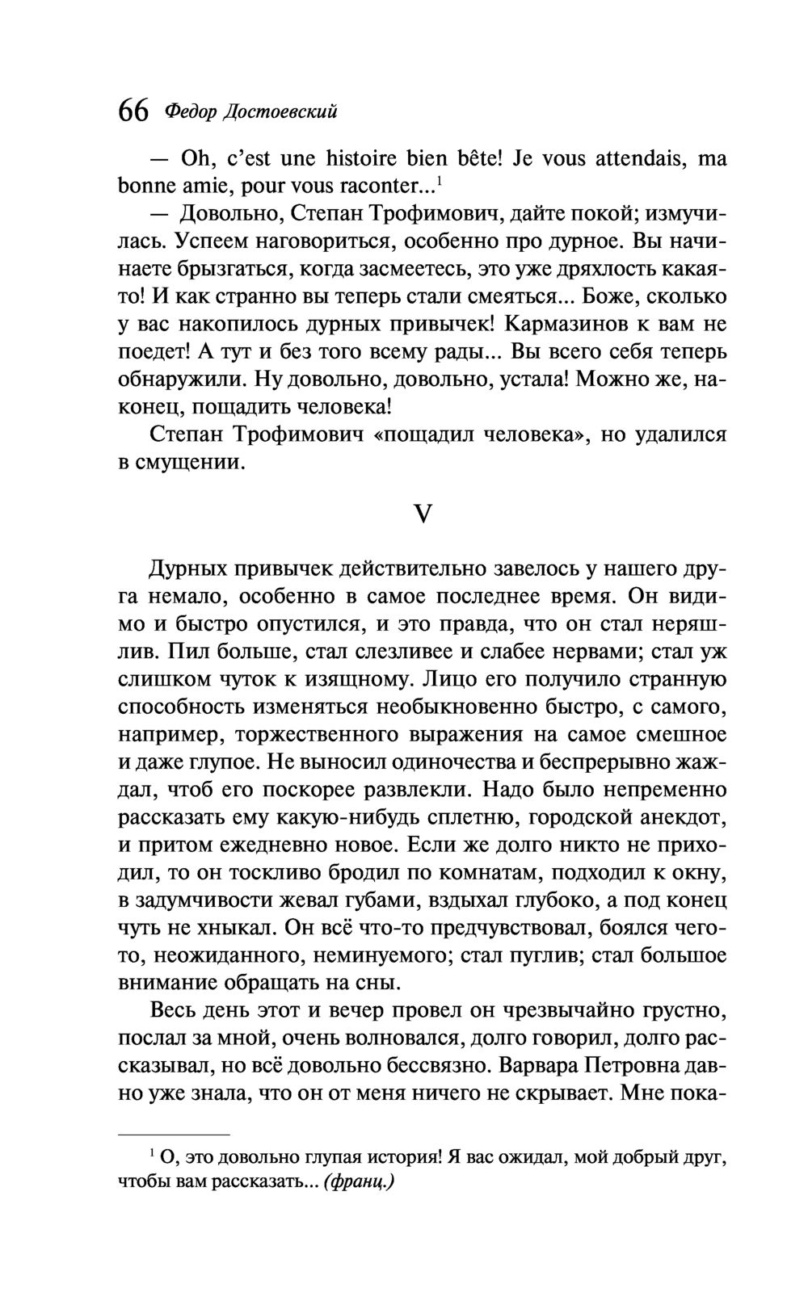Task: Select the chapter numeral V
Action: [423, 513]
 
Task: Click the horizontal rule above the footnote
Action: [175, 1135]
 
